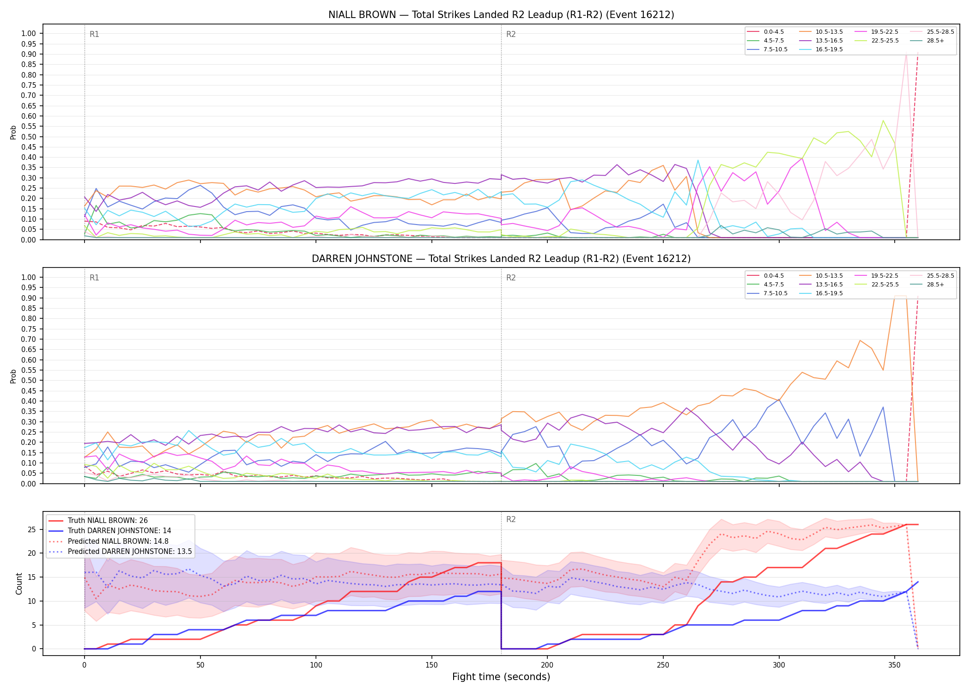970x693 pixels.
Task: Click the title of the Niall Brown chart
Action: pos(501,15)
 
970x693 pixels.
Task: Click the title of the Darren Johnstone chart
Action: pos(501,259)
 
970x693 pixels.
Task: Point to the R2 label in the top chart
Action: pos(511,35)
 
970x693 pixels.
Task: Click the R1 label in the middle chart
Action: pos(94,278)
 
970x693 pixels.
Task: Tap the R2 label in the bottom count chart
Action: pos(511,520)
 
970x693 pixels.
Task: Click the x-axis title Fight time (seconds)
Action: pos(501,677)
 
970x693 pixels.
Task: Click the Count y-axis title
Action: pos(19,584)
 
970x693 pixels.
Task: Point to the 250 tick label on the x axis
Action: pos(663,665)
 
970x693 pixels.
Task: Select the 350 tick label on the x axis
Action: pos(894,665)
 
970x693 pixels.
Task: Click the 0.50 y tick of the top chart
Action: pos(29,137)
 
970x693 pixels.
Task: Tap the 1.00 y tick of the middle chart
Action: pos(29,277)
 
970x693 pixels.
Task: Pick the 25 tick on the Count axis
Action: pos(32,529)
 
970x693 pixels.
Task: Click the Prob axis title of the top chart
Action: pos(13,132)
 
